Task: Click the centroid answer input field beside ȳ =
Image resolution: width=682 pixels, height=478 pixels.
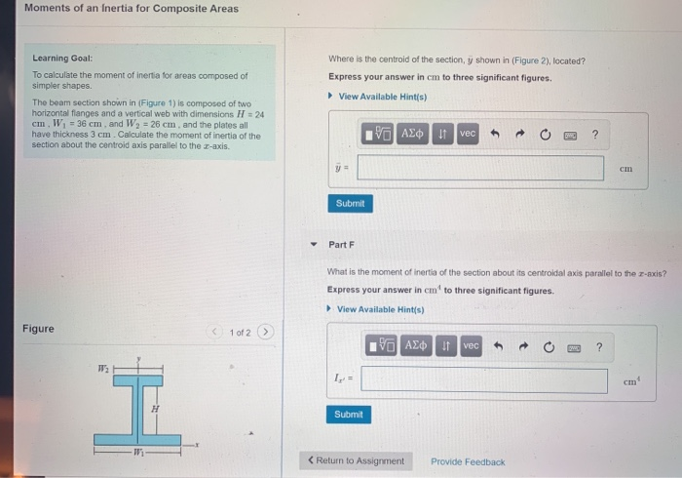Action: tap(480, 168)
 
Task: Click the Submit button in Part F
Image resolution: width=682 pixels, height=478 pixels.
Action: tap(349, 415)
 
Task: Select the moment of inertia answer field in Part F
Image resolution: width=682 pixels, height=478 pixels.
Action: tap(484, 380)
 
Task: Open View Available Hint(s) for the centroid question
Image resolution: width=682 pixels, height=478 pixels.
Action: tap(382, 97)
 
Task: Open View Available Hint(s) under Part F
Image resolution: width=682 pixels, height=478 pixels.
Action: tap(382, 309)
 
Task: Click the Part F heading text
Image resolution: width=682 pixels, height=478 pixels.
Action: tap(342, 244)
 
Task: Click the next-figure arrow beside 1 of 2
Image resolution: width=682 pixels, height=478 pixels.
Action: tap(265, 333)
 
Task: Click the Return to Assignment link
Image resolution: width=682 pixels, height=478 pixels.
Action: tap(356, 461)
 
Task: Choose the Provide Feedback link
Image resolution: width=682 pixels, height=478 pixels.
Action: tap(468, 461)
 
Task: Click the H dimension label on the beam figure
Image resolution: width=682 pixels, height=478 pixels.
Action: tap(154, 409)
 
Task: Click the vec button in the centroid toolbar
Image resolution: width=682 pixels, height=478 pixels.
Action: tap(468, 133)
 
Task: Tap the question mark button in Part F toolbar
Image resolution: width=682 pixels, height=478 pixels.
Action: tap(599, 346)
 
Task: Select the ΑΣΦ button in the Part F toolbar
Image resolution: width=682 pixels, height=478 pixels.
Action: tap(416, 346)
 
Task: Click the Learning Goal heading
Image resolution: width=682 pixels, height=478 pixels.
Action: tap(62, 59)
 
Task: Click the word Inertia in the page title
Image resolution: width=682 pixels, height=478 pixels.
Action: tap(136, 9)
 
